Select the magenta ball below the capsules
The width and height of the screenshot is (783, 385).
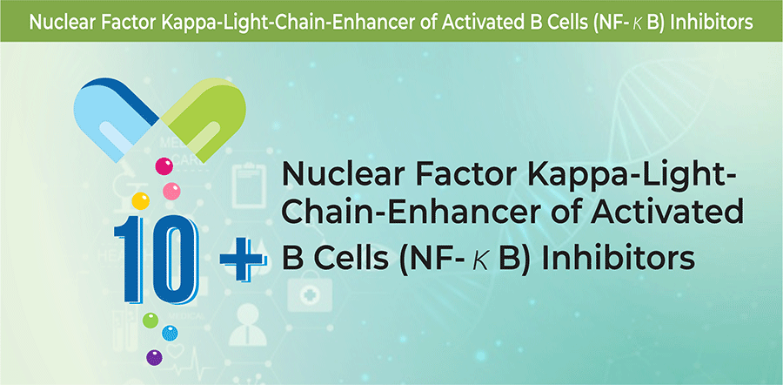164,166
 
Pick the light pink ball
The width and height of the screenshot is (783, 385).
171,191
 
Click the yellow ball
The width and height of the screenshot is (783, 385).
140,200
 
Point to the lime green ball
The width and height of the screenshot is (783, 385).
151,320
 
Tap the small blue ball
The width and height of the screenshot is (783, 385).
170,333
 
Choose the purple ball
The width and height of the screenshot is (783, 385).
154,357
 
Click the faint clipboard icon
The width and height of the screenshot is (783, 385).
248,187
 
